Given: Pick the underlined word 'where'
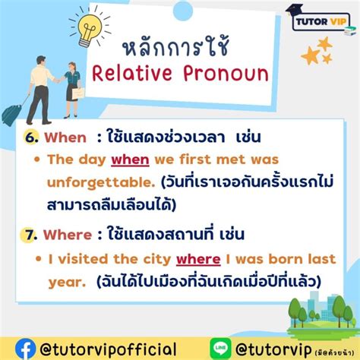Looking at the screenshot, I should click(193, 260).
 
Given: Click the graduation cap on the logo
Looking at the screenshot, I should click(292, 10).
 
